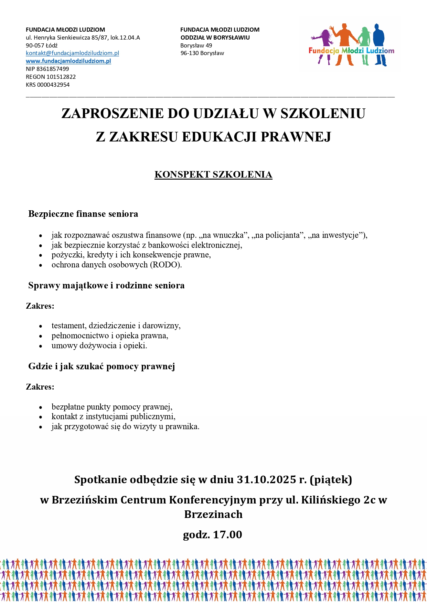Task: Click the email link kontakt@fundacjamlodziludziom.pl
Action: pos(72,53)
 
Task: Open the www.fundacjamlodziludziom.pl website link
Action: pos(68,61)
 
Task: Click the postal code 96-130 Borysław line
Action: pos(202,53)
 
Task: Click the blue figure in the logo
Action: pos(379,43)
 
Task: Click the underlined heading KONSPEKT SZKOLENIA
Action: pos(213,175)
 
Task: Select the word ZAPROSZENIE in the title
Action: pos(112,114)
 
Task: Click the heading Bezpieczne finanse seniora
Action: pos(83,214)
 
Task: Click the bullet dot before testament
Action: pos(41,326)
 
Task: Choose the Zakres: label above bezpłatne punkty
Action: pos(40,387)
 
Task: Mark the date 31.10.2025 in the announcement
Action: pos(266,480)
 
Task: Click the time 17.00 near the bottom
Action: pos(227,535)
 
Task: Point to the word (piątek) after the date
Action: pos(331,480)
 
